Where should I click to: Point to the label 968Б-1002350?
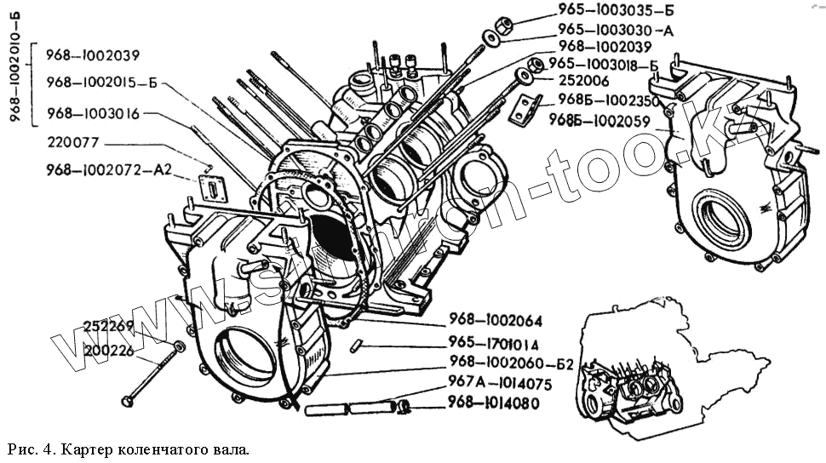click(x=610, y=100)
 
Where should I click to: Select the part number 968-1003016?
click(x=93, y=112)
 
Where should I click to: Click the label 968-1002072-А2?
click(x=109, y=170)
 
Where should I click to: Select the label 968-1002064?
click(x=494, y=321)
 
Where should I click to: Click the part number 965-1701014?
click(x=494, y=344)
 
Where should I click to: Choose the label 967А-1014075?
click(x=500, y=384)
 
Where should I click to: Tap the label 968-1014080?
click(x=494, y=403)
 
